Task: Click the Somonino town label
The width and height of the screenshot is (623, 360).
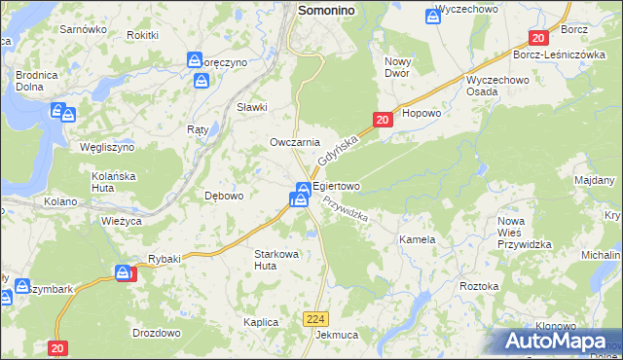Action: click(339, 9)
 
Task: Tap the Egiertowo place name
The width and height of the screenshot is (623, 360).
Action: click(336, 185)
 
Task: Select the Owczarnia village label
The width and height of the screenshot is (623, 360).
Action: click(295, 142)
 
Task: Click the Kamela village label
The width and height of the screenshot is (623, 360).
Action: click(416, 238)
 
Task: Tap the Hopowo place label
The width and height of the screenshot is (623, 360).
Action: click(421, 113)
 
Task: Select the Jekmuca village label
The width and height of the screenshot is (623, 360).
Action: click(337, 335)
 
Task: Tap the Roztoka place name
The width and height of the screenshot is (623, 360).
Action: click(479, 286)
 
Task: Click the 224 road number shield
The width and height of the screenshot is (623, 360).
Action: click(314, 318)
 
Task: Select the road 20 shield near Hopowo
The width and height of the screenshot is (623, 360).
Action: click(382, 120)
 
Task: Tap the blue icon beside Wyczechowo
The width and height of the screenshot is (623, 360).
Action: click(433, 16)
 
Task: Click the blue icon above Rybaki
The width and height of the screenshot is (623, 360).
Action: click(123, 272)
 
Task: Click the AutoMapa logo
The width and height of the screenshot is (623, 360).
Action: click(557, 341)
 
